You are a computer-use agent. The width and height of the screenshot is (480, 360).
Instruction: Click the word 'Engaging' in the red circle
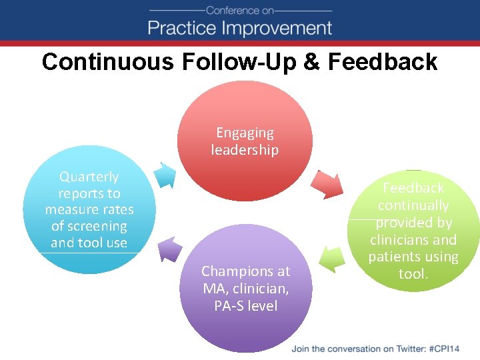(x=245, y=133)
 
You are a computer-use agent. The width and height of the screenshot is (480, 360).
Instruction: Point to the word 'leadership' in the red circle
(x=245, y=150)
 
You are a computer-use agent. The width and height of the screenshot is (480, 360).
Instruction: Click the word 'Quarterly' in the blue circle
(x=89, y=177)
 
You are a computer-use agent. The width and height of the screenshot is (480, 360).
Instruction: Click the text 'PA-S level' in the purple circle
(x=246, y=306)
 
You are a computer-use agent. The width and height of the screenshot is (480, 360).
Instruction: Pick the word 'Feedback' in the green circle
(x=413, y=189)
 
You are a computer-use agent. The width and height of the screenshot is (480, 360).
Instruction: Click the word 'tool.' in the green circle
(x=413, y=274)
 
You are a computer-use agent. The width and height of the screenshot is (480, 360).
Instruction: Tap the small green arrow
(x=331, y=257)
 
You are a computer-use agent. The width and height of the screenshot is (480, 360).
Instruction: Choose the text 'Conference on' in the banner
(x=240, y=10)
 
